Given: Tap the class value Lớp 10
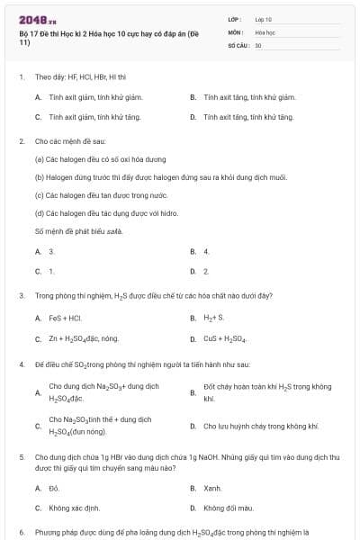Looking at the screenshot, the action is point(264,18).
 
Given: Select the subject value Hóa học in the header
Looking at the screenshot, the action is point(265,31).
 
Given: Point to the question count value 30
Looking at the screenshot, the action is point(258,44).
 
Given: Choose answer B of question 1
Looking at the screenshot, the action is point(243,96).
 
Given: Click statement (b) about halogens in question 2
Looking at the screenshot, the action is point(136,178).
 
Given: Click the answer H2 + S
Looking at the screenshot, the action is point(208,318).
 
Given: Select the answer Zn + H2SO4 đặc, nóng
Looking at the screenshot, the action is point(84,339).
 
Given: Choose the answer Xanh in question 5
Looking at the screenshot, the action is point(211,488).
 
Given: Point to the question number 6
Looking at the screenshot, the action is point(22,532).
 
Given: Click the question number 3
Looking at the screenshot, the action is point(22,295).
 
